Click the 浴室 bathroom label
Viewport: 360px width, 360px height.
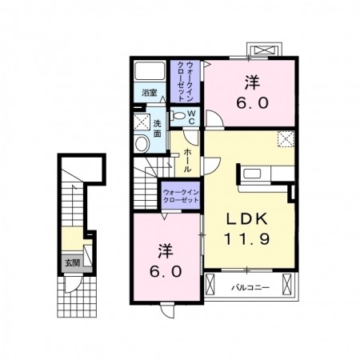(150, 93)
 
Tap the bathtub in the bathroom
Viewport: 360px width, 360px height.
(150, 70)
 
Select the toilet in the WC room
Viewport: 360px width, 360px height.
(178, 116)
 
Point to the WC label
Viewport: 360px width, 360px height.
(192, 118)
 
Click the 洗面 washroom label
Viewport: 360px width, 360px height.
(158, 129)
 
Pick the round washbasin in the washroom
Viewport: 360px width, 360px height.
(142, 144)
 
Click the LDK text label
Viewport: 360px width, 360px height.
(246, 219)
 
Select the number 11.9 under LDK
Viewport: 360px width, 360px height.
(246, 238)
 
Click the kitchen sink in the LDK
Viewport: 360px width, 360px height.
(252, 174)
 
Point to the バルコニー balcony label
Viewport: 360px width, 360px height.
(250, 288)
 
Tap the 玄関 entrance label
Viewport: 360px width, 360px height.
(73, 263)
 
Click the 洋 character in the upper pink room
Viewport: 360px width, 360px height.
(252, 82)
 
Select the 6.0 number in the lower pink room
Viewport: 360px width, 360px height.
(166, 271)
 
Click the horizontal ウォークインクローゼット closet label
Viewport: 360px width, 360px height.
(181, 196)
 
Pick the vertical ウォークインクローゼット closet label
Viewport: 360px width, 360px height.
(186, 82)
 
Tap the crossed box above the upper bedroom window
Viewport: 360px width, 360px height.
(264, 50)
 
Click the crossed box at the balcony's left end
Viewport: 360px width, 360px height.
(210, 284)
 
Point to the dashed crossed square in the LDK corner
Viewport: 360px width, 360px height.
(286, 139)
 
